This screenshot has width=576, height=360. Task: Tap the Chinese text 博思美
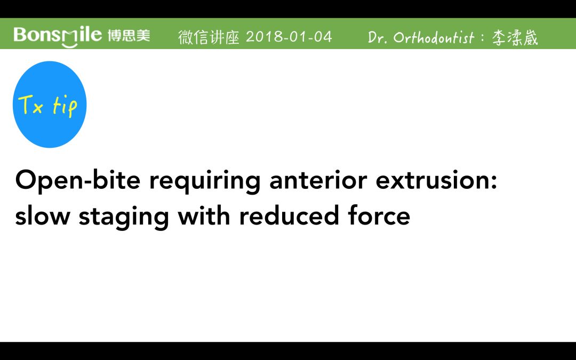point(129,36)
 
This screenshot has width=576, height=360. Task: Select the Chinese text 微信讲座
point(209,37)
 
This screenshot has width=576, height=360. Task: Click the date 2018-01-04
point(289,37)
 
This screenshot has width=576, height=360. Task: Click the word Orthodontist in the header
point(434,37)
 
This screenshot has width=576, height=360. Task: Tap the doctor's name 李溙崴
point(515,38)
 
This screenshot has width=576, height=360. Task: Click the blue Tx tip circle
point(50,105)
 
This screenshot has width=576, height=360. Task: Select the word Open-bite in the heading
point(78,181)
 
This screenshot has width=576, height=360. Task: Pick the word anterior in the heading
point(318,180)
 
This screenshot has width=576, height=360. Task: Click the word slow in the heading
point(43,215)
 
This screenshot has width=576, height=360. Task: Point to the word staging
point(124,217)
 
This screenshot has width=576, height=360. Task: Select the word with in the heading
point(204,215)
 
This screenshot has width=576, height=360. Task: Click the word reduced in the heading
point(289,215)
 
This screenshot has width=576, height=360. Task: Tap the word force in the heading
point(379,215)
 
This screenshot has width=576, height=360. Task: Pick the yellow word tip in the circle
point(65,107)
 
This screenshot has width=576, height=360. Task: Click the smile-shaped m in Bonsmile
point(70,38)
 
